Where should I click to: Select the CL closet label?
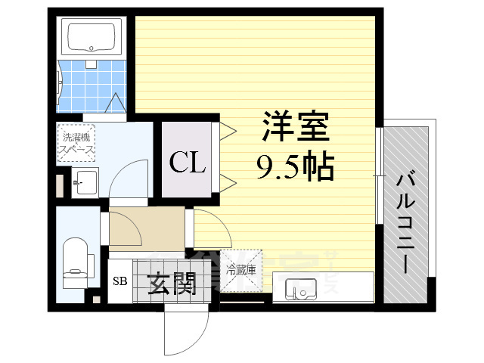pyautogui.click(x=187, y=162)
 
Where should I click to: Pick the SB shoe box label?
pyautogui.click(x=119, y=282)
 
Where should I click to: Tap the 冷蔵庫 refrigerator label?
pyautogui.click(x=240, y=268)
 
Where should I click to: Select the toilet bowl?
pyautogui.click(x=76, y=258)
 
